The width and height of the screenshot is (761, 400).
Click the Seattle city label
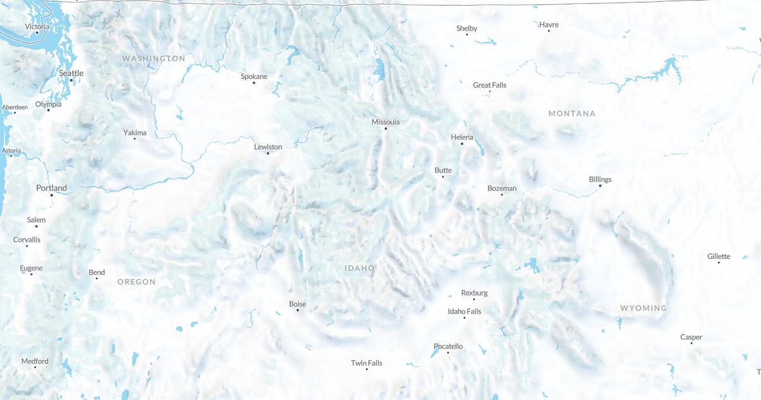[x=71, y=73]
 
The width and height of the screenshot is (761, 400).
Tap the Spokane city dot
[x=254, y=83]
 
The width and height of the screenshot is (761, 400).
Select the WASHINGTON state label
[x=153, y=58]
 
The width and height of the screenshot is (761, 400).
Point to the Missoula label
[x=386, y=121]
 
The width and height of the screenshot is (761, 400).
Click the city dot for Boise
[x=297, y=310]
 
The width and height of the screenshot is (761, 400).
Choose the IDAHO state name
[x=360, y=268]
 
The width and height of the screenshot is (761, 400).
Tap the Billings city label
[x=600, y=179]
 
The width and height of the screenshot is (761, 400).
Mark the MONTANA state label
[x=572, y=113]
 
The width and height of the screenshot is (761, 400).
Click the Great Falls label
[x=490, y=85]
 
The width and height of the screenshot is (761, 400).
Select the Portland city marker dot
[x=52, y=194]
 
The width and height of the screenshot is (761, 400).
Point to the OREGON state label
[x=136, y=281]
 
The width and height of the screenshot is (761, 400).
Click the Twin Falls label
[x=367, y=363]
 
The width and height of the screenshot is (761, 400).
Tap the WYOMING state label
[x=643, y=308]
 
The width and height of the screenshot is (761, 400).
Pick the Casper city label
[x=691, y=337]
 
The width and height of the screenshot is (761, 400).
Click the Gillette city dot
[x=719, y=262]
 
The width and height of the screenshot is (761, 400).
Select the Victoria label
[x=37, y=26]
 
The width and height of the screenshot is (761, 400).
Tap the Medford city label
[x=35, y=361]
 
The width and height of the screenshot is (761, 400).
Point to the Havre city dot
[x=549, y=30]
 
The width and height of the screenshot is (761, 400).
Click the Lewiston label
[x=268, y=147]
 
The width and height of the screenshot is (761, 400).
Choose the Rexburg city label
[x=474, y=293]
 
